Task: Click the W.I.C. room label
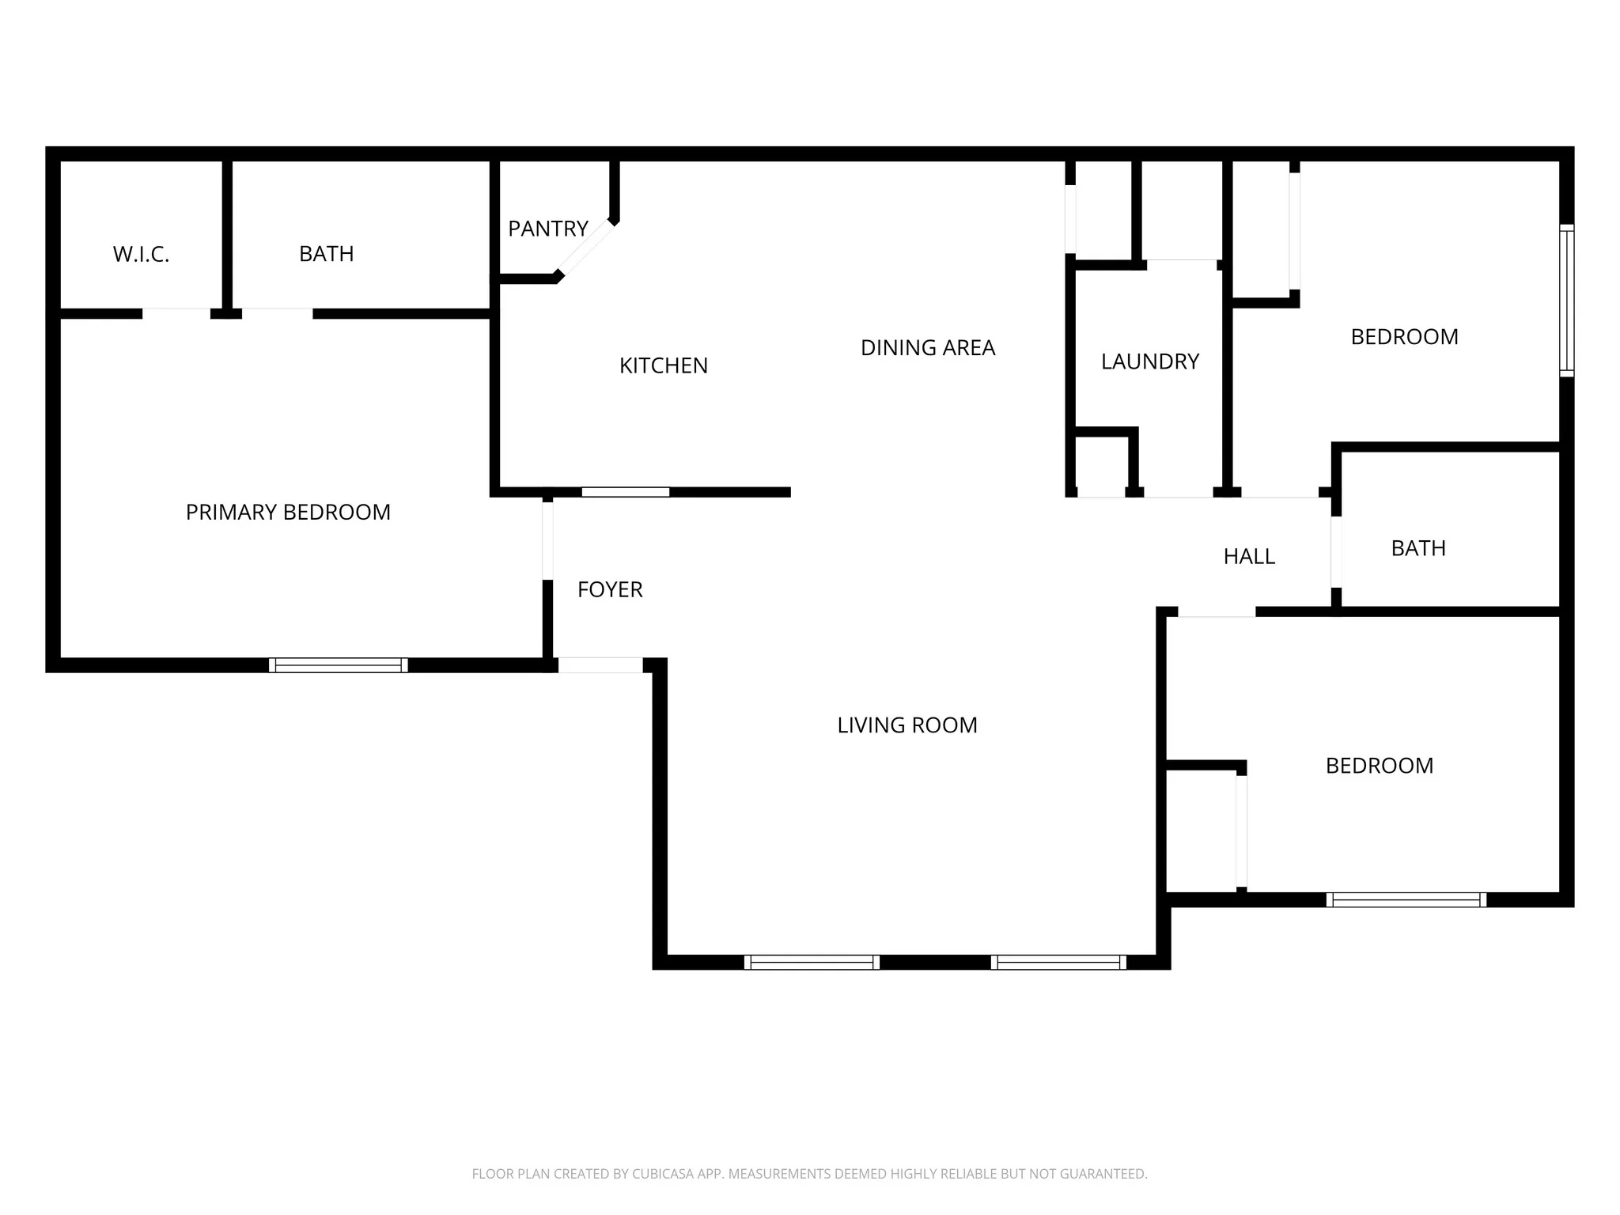141,255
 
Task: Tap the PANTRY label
547,229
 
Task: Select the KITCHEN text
663,365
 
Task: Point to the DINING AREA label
927,348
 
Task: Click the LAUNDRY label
1149,361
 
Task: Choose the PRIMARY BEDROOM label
288,513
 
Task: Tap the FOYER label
609,589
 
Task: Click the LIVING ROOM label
907,725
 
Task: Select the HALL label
1248,557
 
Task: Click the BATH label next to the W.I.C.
326,254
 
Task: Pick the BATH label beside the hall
1417,548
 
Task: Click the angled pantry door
585,249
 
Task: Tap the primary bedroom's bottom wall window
339,665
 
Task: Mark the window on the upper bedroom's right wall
1566,301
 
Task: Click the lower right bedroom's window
1406,899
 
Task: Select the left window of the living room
812,962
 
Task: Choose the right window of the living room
1058,962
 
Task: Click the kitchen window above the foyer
625,492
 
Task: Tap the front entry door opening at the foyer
600,665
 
